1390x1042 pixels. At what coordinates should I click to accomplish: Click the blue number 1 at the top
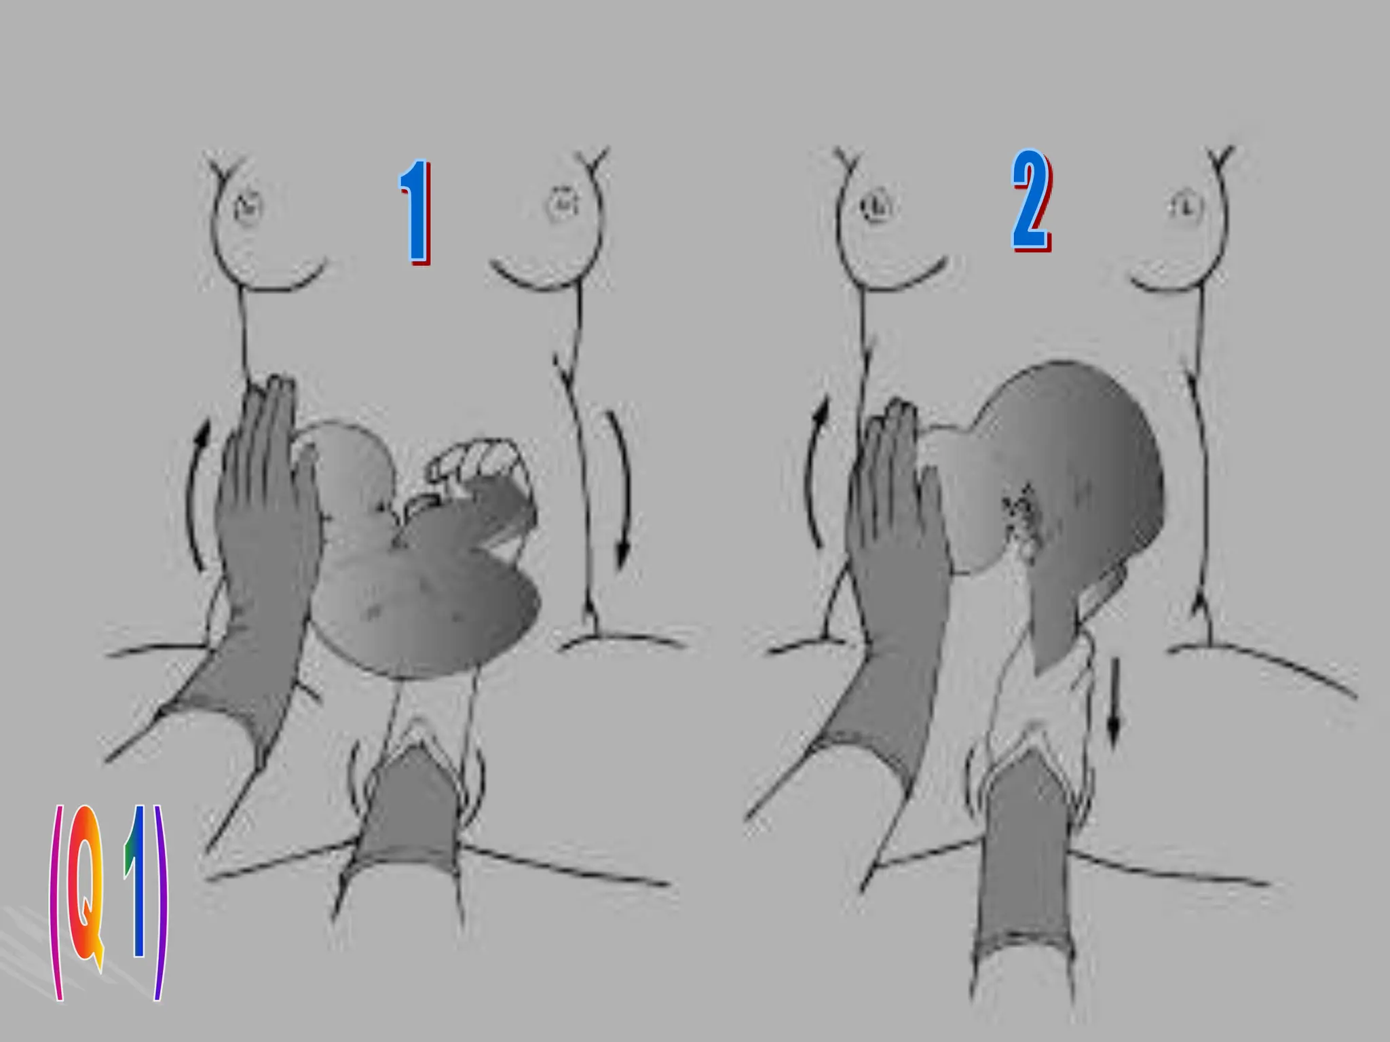tap(415, 212)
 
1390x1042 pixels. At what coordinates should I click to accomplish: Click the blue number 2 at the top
tap(1032, 200)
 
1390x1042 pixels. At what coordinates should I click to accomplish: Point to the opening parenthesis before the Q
tap(56, 902)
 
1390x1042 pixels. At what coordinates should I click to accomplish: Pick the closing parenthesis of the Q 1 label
tap(160, 902)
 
